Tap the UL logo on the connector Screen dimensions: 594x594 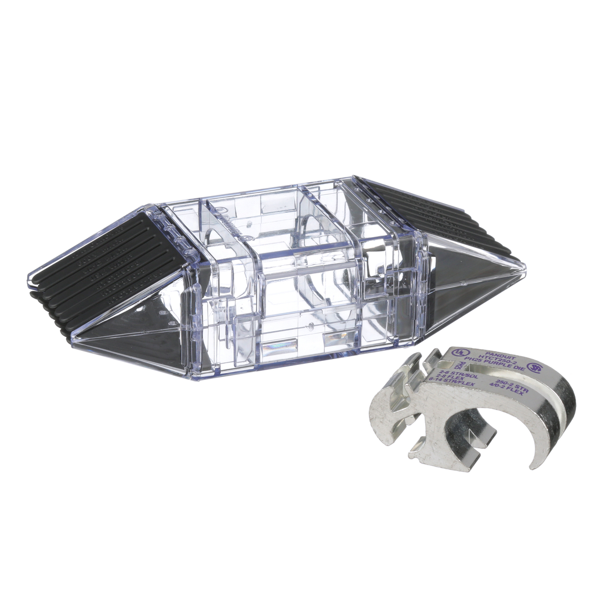click(x=459, y=352)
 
